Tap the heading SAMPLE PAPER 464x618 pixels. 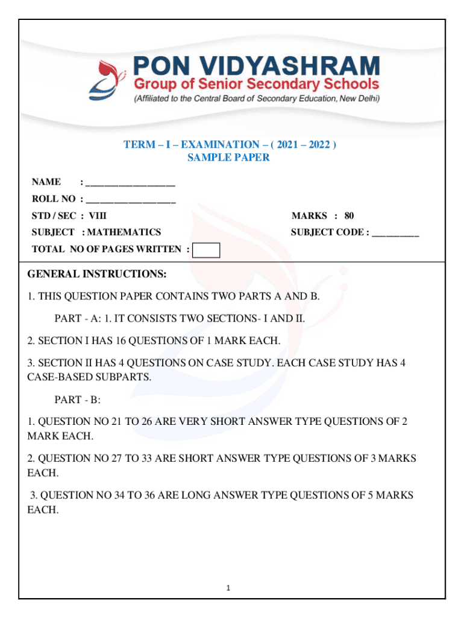(x=228, y=158)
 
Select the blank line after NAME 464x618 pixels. (x=130, y=182)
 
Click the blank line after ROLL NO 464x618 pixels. (x=130, y=199)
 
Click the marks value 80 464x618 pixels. (x=349, y=216)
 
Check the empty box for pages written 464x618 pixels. (x=205, y=250)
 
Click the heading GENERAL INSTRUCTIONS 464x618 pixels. (x=97, y=275)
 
